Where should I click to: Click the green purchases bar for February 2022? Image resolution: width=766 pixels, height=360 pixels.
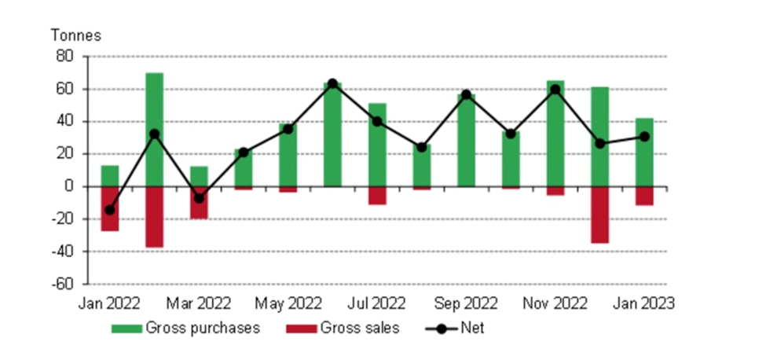[155, 130]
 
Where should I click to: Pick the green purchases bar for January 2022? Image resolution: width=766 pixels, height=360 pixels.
[110, 176]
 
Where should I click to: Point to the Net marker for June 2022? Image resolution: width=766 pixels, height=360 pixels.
[332, 83]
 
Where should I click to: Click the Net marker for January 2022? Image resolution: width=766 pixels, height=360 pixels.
[110, 210]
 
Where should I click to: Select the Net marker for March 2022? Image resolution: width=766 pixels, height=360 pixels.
[199, 198]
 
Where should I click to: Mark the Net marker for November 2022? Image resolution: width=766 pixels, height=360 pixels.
[555, 90]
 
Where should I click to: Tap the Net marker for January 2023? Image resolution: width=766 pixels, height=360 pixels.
[644, 136]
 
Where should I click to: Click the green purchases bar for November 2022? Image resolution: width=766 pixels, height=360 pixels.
[555, 134]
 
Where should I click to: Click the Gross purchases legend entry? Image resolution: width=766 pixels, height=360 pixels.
[185, 328]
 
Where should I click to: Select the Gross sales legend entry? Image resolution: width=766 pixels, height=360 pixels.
[343, 328]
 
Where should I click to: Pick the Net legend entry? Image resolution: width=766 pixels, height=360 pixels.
[456, 328]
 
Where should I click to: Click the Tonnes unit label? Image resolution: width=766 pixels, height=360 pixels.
[76, 35]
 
